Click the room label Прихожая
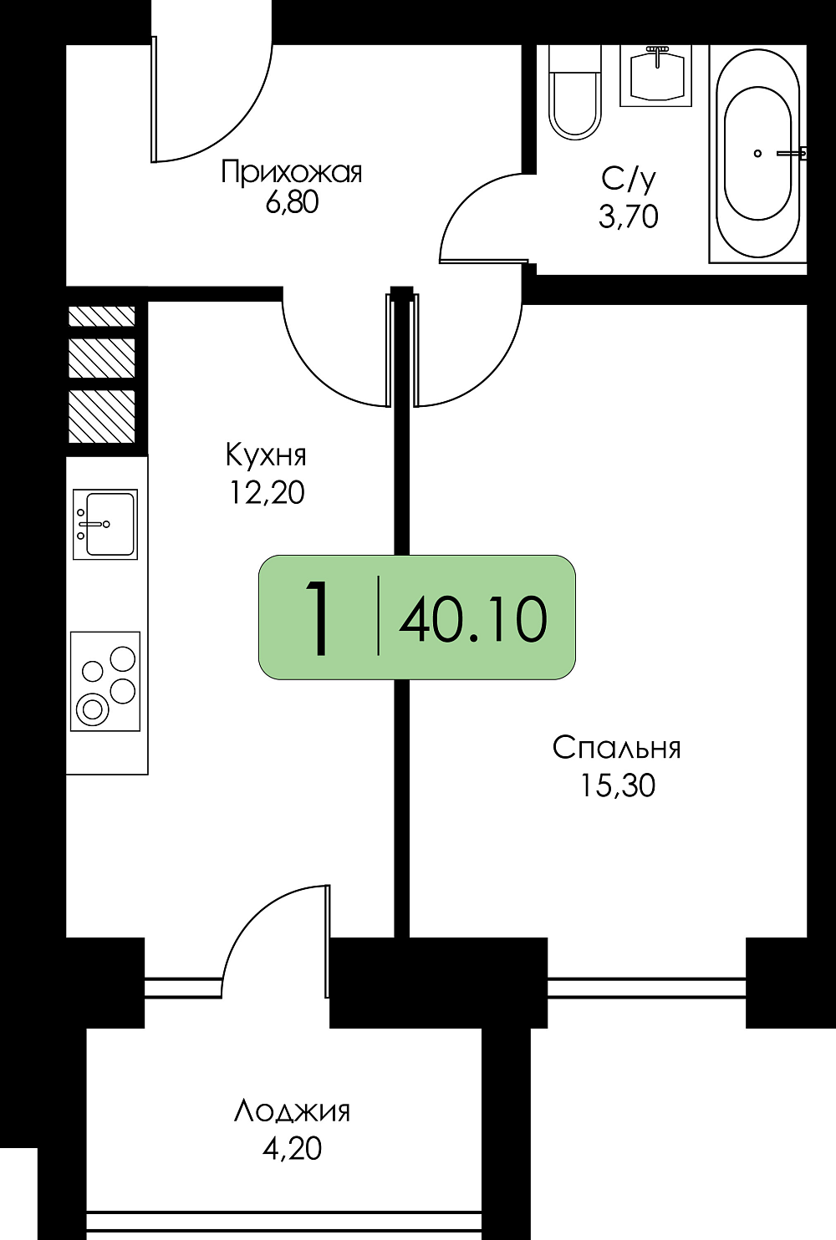[291, 171]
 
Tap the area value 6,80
[292, 202]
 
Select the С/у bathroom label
[629, 179]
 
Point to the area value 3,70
[629, 216]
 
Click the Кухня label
[266, 455]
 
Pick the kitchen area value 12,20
[268, 492]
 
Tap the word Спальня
[617, 747]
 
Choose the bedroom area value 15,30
[618, 785]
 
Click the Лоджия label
[292, 1111]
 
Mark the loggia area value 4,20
[292, 1149]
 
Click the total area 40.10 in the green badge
[474, 619]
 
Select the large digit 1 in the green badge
[319, 618]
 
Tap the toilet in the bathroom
[575, 92]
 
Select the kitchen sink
[105, 524]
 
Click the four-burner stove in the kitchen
[105, 682]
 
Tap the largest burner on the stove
[92, 709]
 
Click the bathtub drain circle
[757, 153]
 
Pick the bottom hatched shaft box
[101, 416]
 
